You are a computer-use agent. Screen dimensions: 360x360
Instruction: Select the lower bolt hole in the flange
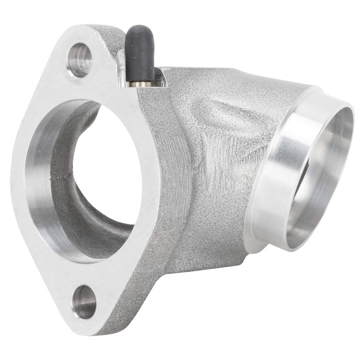coord(84,302)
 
